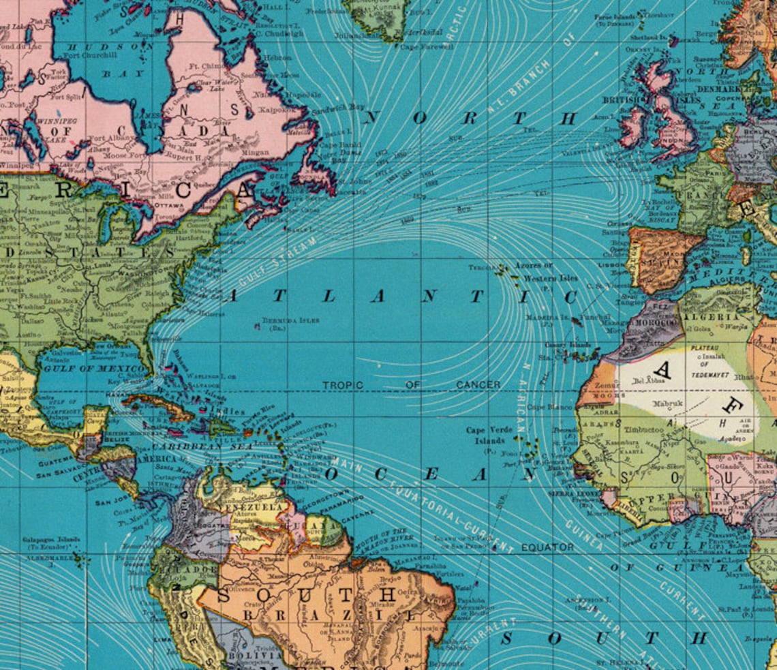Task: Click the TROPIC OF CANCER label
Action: [x=411, y=385]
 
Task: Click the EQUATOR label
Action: [x=547, y=547]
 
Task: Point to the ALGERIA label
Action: [x=716, y=317]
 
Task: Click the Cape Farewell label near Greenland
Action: [x=426, y=47]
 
